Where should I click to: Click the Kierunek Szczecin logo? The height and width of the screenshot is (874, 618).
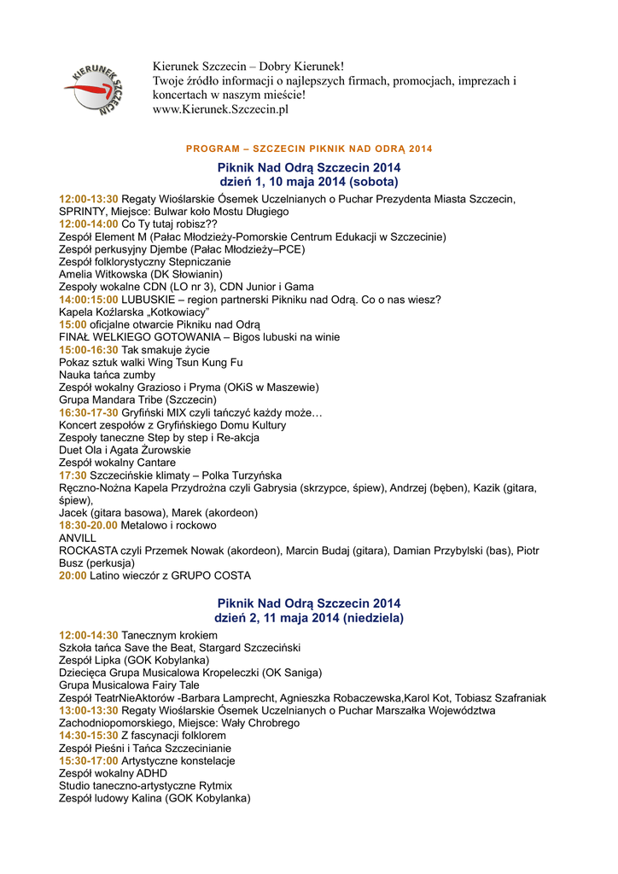(95, 88)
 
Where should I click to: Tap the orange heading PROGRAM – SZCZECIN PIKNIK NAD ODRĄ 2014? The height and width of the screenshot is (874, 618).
(309, 149)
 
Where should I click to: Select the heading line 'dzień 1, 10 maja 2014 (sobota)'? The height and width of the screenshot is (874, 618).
(309, 182)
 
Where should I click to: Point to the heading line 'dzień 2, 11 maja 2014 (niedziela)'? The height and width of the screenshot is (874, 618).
(309, 617)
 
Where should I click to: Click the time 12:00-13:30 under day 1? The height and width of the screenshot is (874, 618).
(89, 199)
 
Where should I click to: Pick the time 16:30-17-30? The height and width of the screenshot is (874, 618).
(89, 412)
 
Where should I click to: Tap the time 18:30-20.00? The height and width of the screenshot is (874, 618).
(89, 526)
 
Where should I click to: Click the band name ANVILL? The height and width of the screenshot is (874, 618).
(78, 539)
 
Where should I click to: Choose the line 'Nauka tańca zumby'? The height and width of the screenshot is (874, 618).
(107, 375)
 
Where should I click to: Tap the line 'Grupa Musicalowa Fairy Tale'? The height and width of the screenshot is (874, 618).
(129, 685)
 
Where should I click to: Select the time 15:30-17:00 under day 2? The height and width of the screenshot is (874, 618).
(89, 760)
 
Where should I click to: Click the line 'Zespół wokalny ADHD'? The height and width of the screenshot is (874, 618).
(113, 773)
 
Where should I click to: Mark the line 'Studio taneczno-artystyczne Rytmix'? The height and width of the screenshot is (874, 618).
(145, 785)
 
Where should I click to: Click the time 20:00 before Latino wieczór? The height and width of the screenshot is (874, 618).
(73, 576)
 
